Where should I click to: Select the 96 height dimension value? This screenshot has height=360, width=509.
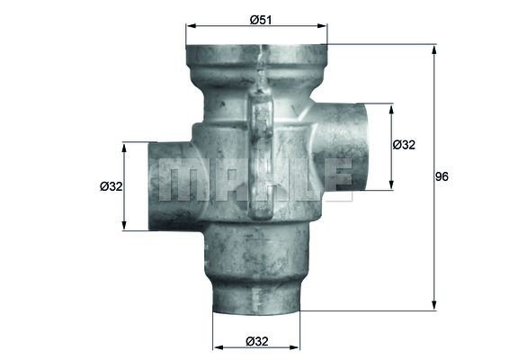(441, 176)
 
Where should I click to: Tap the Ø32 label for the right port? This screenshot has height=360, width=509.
(404, 145)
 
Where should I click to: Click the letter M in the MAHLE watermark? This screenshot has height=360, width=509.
(179, 180)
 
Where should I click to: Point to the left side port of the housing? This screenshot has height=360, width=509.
(171, 184)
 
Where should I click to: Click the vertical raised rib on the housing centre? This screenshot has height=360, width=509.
(260, 157)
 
